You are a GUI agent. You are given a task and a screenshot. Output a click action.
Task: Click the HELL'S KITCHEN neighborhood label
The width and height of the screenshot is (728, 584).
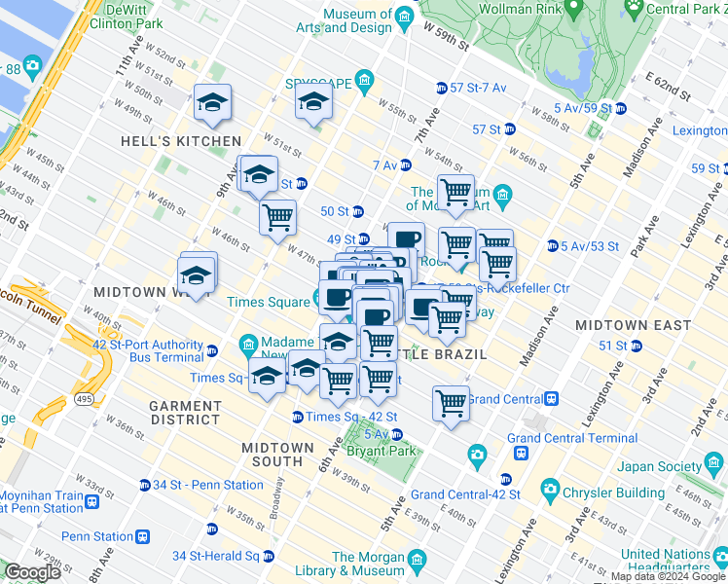coord(180,141)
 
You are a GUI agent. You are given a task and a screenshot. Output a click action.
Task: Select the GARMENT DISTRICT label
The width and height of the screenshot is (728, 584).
coord(185,413)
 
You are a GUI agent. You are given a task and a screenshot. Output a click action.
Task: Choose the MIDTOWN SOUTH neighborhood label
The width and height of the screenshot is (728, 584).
coord(278,455)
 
